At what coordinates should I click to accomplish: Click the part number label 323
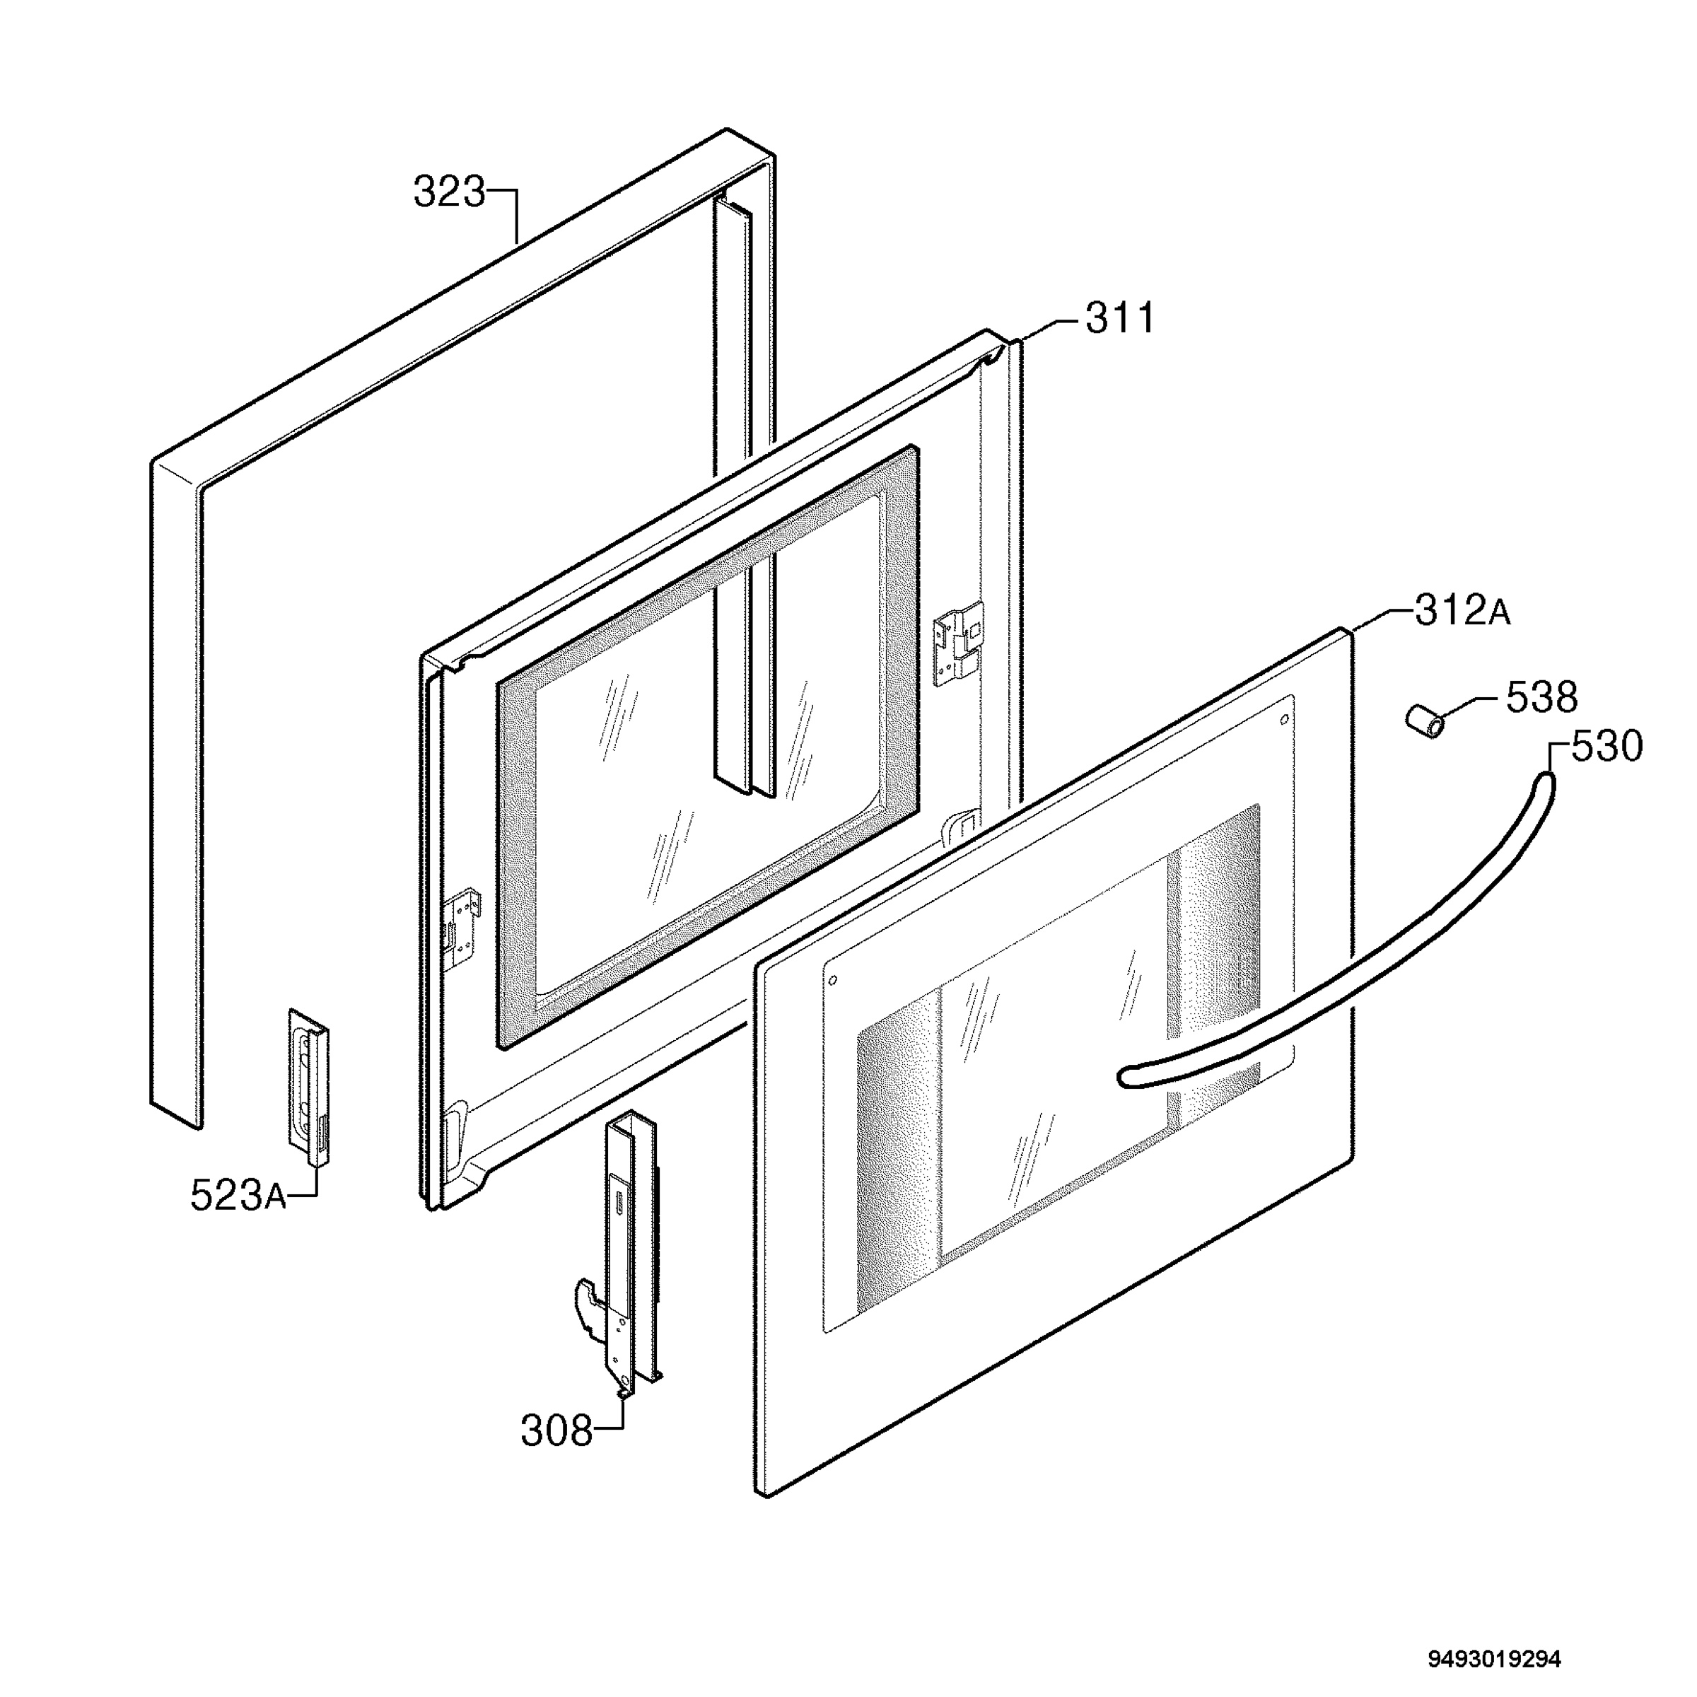tap(449, 192)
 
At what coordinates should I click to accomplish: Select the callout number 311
tap(1120, 318)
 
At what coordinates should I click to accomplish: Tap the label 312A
tap(1462, 612)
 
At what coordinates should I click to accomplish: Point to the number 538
tap(1541, 699)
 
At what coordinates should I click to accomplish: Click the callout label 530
tap(1606, 747)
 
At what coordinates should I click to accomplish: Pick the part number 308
tap(557, 1432)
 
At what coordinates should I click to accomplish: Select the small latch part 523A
tap(308, 1087)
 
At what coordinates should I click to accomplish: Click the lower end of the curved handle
tap(1125, 1077)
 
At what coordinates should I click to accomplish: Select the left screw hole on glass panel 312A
tap(834, 980)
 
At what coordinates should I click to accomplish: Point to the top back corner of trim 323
tap(726, 132)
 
